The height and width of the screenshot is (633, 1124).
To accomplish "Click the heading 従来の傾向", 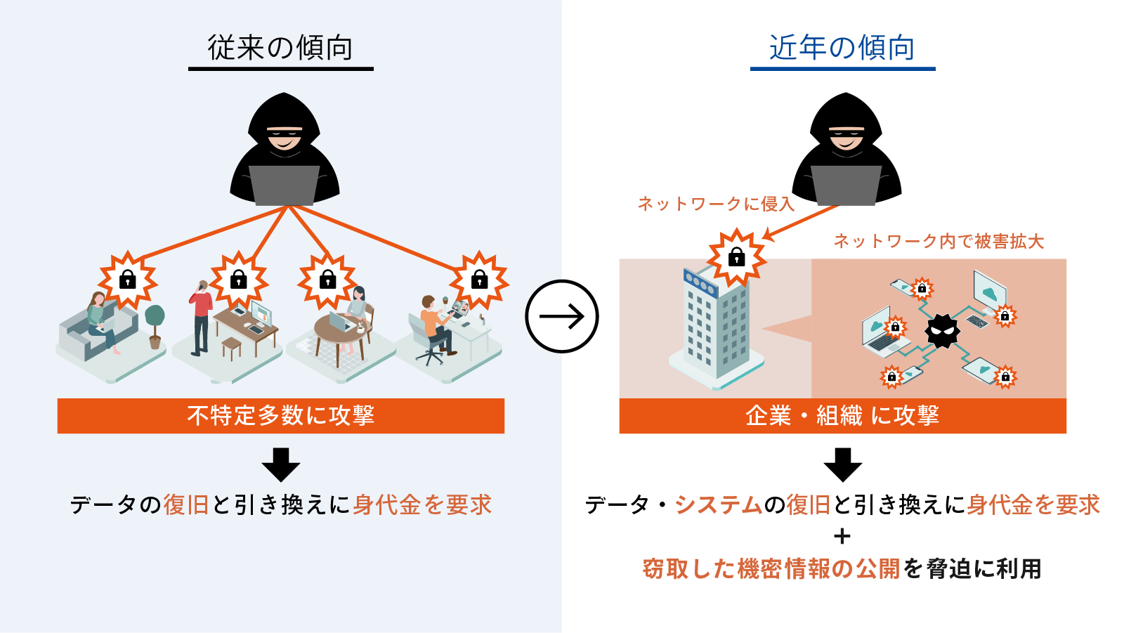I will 280,48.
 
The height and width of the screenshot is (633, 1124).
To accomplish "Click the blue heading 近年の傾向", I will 842,48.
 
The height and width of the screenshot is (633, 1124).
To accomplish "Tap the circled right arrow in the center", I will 561,316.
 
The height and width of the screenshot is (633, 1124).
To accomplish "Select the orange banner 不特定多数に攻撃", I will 280,416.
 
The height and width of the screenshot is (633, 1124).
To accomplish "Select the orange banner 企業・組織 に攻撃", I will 842,416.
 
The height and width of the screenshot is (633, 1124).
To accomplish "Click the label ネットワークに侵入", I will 715,204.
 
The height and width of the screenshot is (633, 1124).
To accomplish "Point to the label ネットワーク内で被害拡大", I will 939,242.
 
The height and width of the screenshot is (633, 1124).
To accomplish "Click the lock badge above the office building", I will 736,257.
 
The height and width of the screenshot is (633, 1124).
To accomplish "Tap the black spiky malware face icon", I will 942,330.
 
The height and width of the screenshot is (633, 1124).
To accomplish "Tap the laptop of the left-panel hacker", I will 284,184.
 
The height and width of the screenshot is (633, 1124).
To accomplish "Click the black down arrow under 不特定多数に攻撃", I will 280,464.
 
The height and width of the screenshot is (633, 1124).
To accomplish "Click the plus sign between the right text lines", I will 842,537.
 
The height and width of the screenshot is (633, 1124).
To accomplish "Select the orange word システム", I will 718,504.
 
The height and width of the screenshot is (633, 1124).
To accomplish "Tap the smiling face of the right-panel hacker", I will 846,139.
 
